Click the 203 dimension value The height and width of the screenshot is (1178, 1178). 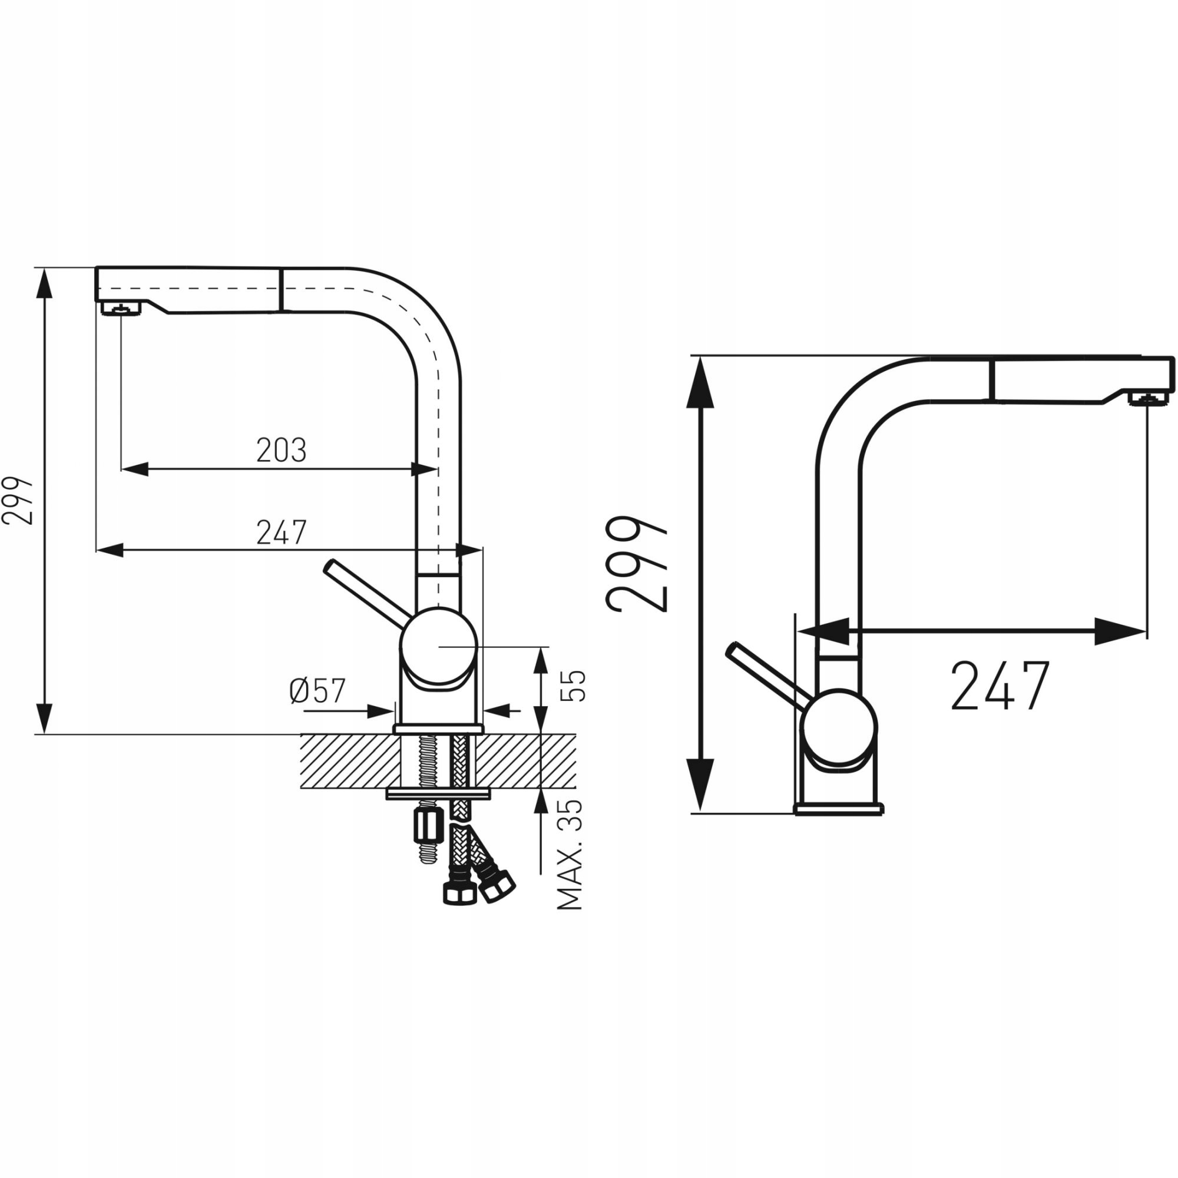(x=281, y=451)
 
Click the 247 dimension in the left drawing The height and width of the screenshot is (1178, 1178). (x=281, y=532)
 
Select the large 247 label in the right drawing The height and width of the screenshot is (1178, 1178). (x=1000, y=686)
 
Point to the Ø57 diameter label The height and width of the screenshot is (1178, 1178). (x=317, y=690)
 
